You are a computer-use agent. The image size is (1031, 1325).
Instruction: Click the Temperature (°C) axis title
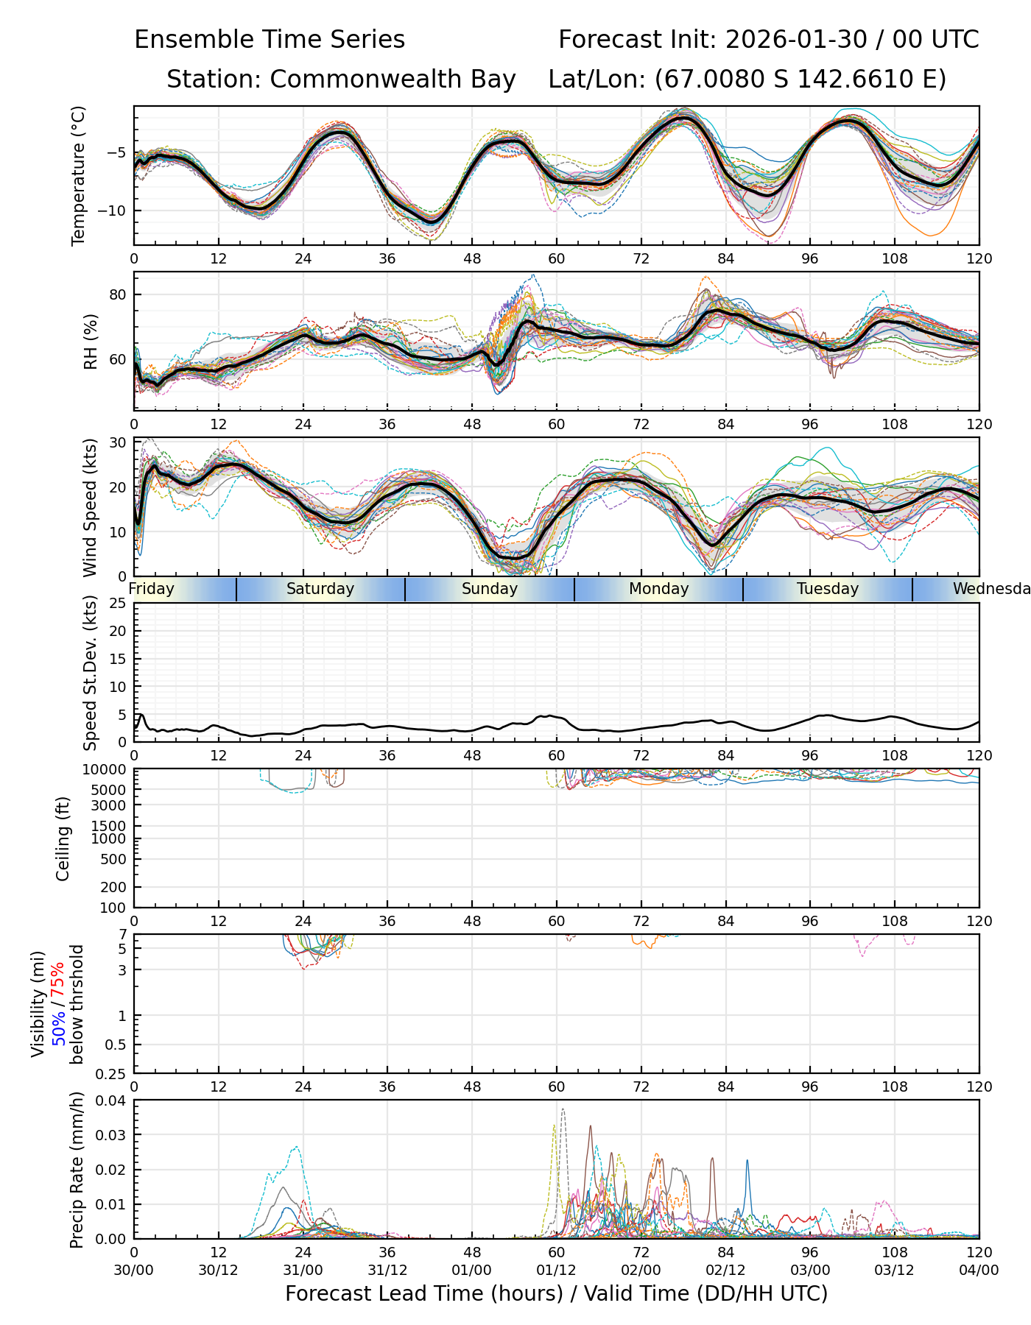pos(79,175)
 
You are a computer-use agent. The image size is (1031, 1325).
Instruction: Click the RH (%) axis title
pos(91,342)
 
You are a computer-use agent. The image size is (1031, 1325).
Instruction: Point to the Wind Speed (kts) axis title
pos(90,507)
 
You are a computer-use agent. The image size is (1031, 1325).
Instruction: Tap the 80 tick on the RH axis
pos(118,295)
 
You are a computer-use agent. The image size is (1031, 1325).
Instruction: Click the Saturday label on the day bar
pos(320,589)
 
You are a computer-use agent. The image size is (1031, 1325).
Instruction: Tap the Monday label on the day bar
pos(658,589)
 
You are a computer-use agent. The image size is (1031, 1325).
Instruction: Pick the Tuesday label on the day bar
pos(828,589)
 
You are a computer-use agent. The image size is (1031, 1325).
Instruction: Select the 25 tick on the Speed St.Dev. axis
pos(118,604)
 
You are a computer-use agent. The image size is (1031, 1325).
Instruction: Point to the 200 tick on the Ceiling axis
pos(113,888)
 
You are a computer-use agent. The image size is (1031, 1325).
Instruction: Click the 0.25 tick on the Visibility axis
pos(112,1073)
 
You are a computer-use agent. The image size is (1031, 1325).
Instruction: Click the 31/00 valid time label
pos(303,1271)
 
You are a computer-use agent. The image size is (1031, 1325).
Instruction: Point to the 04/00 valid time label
pos(979,1271)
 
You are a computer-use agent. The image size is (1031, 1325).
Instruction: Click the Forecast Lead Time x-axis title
pos(556,1293)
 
